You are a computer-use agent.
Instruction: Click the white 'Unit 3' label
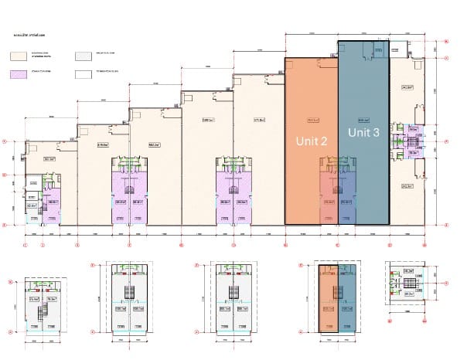[x=363, y=132]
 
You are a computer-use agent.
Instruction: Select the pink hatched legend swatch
[x=19, y=76]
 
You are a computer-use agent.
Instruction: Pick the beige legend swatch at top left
[x=19, y=56]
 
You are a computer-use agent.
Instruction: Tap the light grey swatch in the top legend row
[x=82, y=56]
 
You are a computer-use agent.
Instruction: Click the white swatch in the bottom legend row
[x=82, y=76]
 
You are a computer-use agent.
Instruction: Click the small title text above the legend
[x=29, y=36]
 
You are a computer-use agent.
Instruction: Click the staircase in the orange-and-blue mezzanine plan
[x=336, y=294]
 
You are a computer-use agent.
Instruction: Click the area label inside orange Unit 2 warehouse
[x=312, y=120]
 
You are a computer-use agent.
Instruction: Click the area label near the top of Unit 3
[x=363, y=120]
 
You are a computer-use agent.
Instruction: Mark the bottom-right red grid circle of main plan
[x=447, y=226]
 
